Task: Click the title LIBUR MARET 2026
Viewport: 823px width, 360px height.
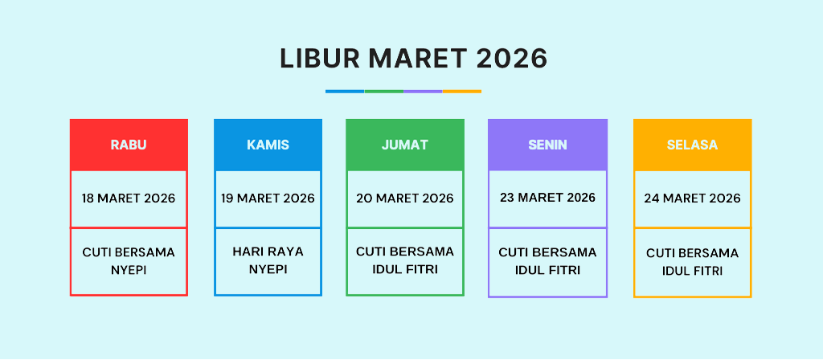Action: click(x=414, y=58)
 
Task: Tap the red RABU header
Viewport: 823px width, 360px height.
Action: click(x=129, y=145)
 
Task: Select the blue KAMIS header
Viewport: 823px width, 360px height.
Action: click(x=268, y=145)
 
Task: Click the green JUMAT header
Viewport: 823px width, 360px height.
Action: click(x=405, y=145)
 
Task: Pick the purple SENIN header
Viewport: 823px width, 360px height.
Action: click(x=547, y=145)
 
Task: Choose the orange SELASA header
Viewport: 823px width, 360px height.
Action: click(x=692, y=145)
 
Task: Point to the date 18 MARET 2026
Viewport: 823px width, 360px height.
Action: click(x=129, y=198)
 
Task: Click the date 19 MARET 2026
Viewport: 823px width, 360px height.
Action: click(x=268, y=198)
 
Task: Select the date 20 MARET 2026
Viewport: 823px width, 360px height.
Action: click(x=405, y=198)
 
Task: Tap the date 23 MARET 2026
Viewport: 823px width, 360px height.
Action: click(x=547, y=198)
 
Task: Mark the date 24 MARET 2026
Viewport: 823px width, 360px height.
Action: click(x=692, y=198)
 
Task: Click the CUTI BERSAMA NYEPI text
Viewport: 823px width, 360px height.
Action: click(x=129, y=261)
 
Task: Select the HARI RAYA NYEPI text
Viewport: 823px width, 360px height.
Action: click(x=268, y=260)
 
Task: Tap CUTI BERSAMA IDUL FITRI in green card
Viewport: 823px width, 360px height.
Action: click(x=405, y=260)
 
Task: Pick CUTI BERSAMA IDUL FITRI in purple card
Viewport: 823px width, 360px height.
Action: click(x=547, y=261)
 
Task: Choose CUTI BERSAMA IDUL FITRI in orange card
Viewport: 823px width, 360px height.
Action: click(x=692, y=262)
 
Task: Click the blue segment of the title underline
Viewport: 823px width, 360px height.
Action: click(x=345, y=92)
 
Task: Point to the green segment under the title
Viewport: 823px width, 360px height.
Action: click(x=383, y=92)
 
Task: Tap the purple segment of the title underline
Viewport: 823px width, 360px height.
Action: click(x=423, y=92)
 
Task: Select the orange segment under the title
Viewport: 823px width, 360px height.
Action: click(x=462, y=92)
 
